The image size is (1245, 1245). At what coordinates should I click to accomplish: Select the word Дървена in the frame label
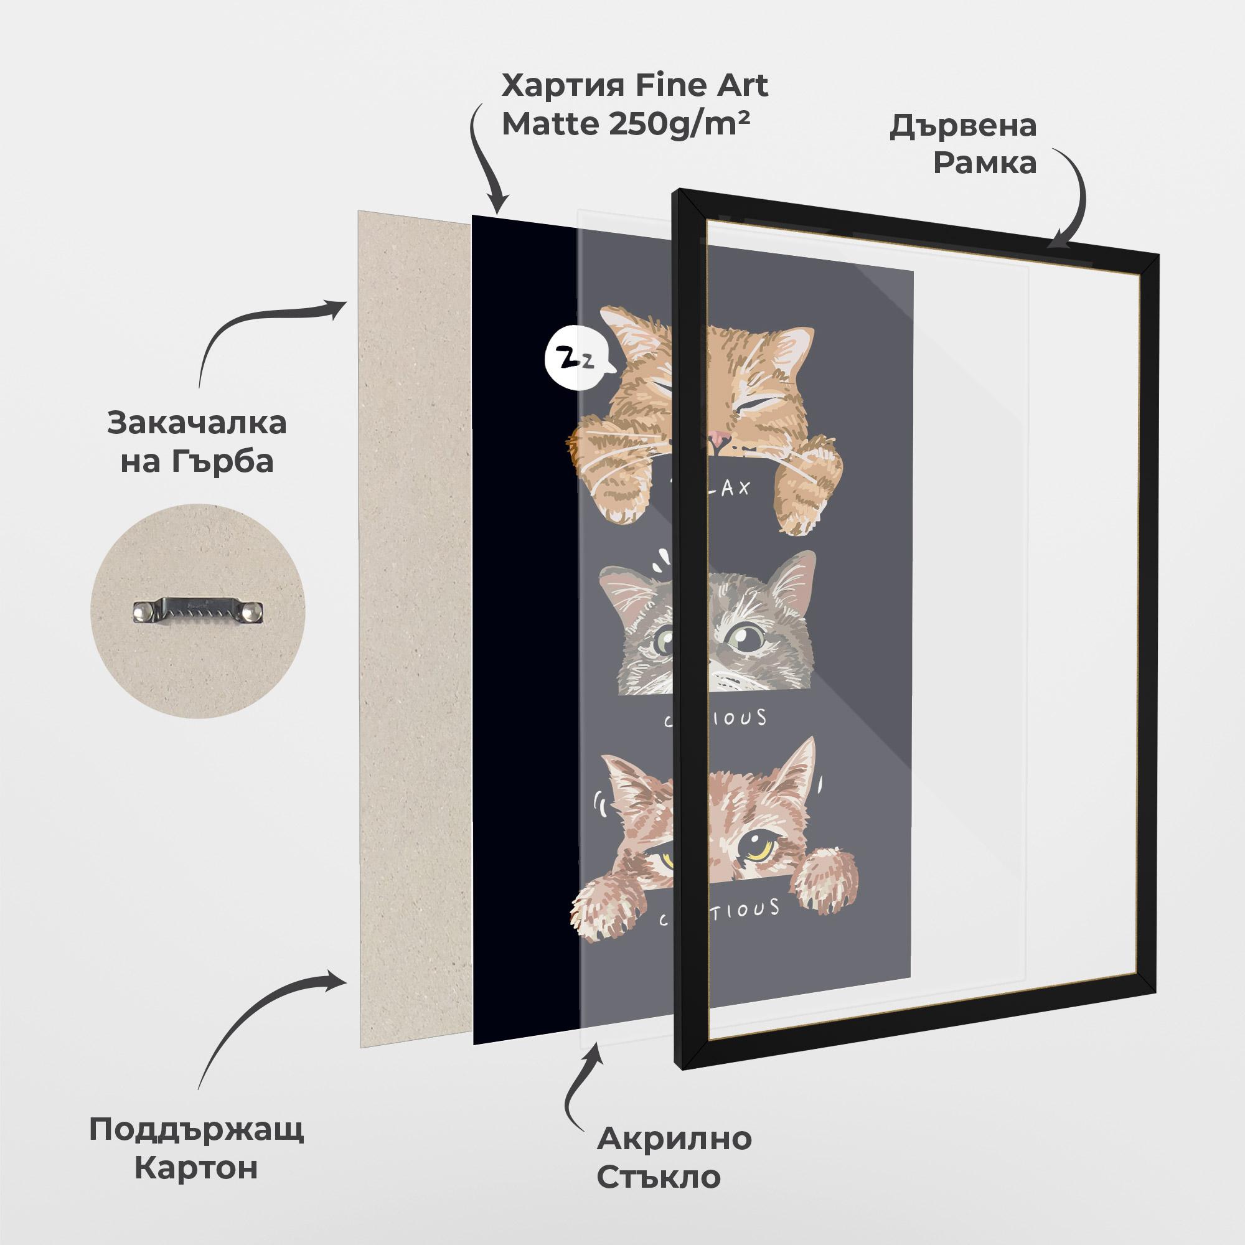(963, 126)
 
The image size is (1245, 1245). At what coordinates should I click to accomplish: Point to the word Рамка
(985, 163)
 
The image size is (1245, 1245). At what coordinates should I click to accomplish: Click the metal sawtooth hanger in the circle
(199, 611)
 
